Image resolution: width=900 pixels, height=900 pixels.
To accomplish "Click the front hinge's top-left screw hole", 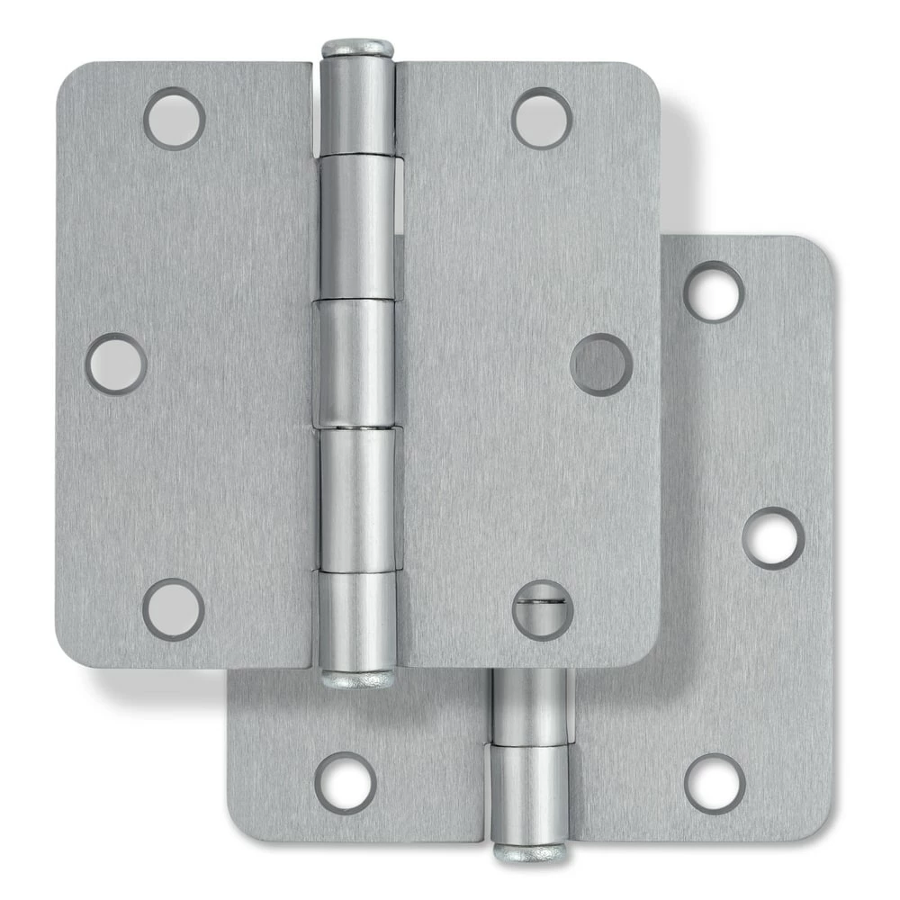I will coord(175,118).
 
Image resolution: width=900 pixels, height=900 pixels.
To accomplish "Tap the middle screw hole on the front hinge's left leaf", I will coord(116,364).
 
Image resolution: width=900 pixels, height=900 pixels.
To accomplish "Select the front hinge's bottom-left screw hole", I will coord(174,609).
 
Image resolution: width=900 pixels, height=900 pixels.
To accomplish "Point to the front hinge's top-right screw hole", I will coord(543,118).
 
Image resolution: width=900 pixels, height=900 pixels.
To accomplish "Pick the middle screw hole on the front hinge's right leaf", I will coord(601,364).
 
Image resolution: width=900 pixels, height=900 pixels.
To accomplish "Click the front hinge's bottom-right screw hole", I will coord(543,609).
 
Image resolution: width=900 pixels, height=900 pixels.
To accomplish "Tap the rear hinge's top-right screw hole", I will coord(714,292).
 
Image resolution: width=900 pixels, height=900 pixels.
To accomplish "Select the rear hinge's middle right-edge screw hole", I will coord(772,537).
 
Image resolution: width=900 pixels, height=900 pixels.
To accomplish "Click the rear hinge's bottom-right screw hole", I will coord(715,783).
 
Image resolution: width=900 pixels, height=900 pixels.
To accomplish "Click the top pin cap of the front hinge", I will coord(357,48).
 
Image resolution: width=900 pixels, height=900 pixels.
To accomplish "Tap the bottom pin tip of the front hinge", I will coord(357,677).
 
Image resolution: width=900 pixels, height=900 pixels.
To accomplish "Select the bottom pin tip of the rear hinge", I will coord(529,850).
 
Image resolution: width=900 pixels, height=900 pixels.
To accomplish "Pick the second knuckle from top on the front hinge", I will coord(357,225).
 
